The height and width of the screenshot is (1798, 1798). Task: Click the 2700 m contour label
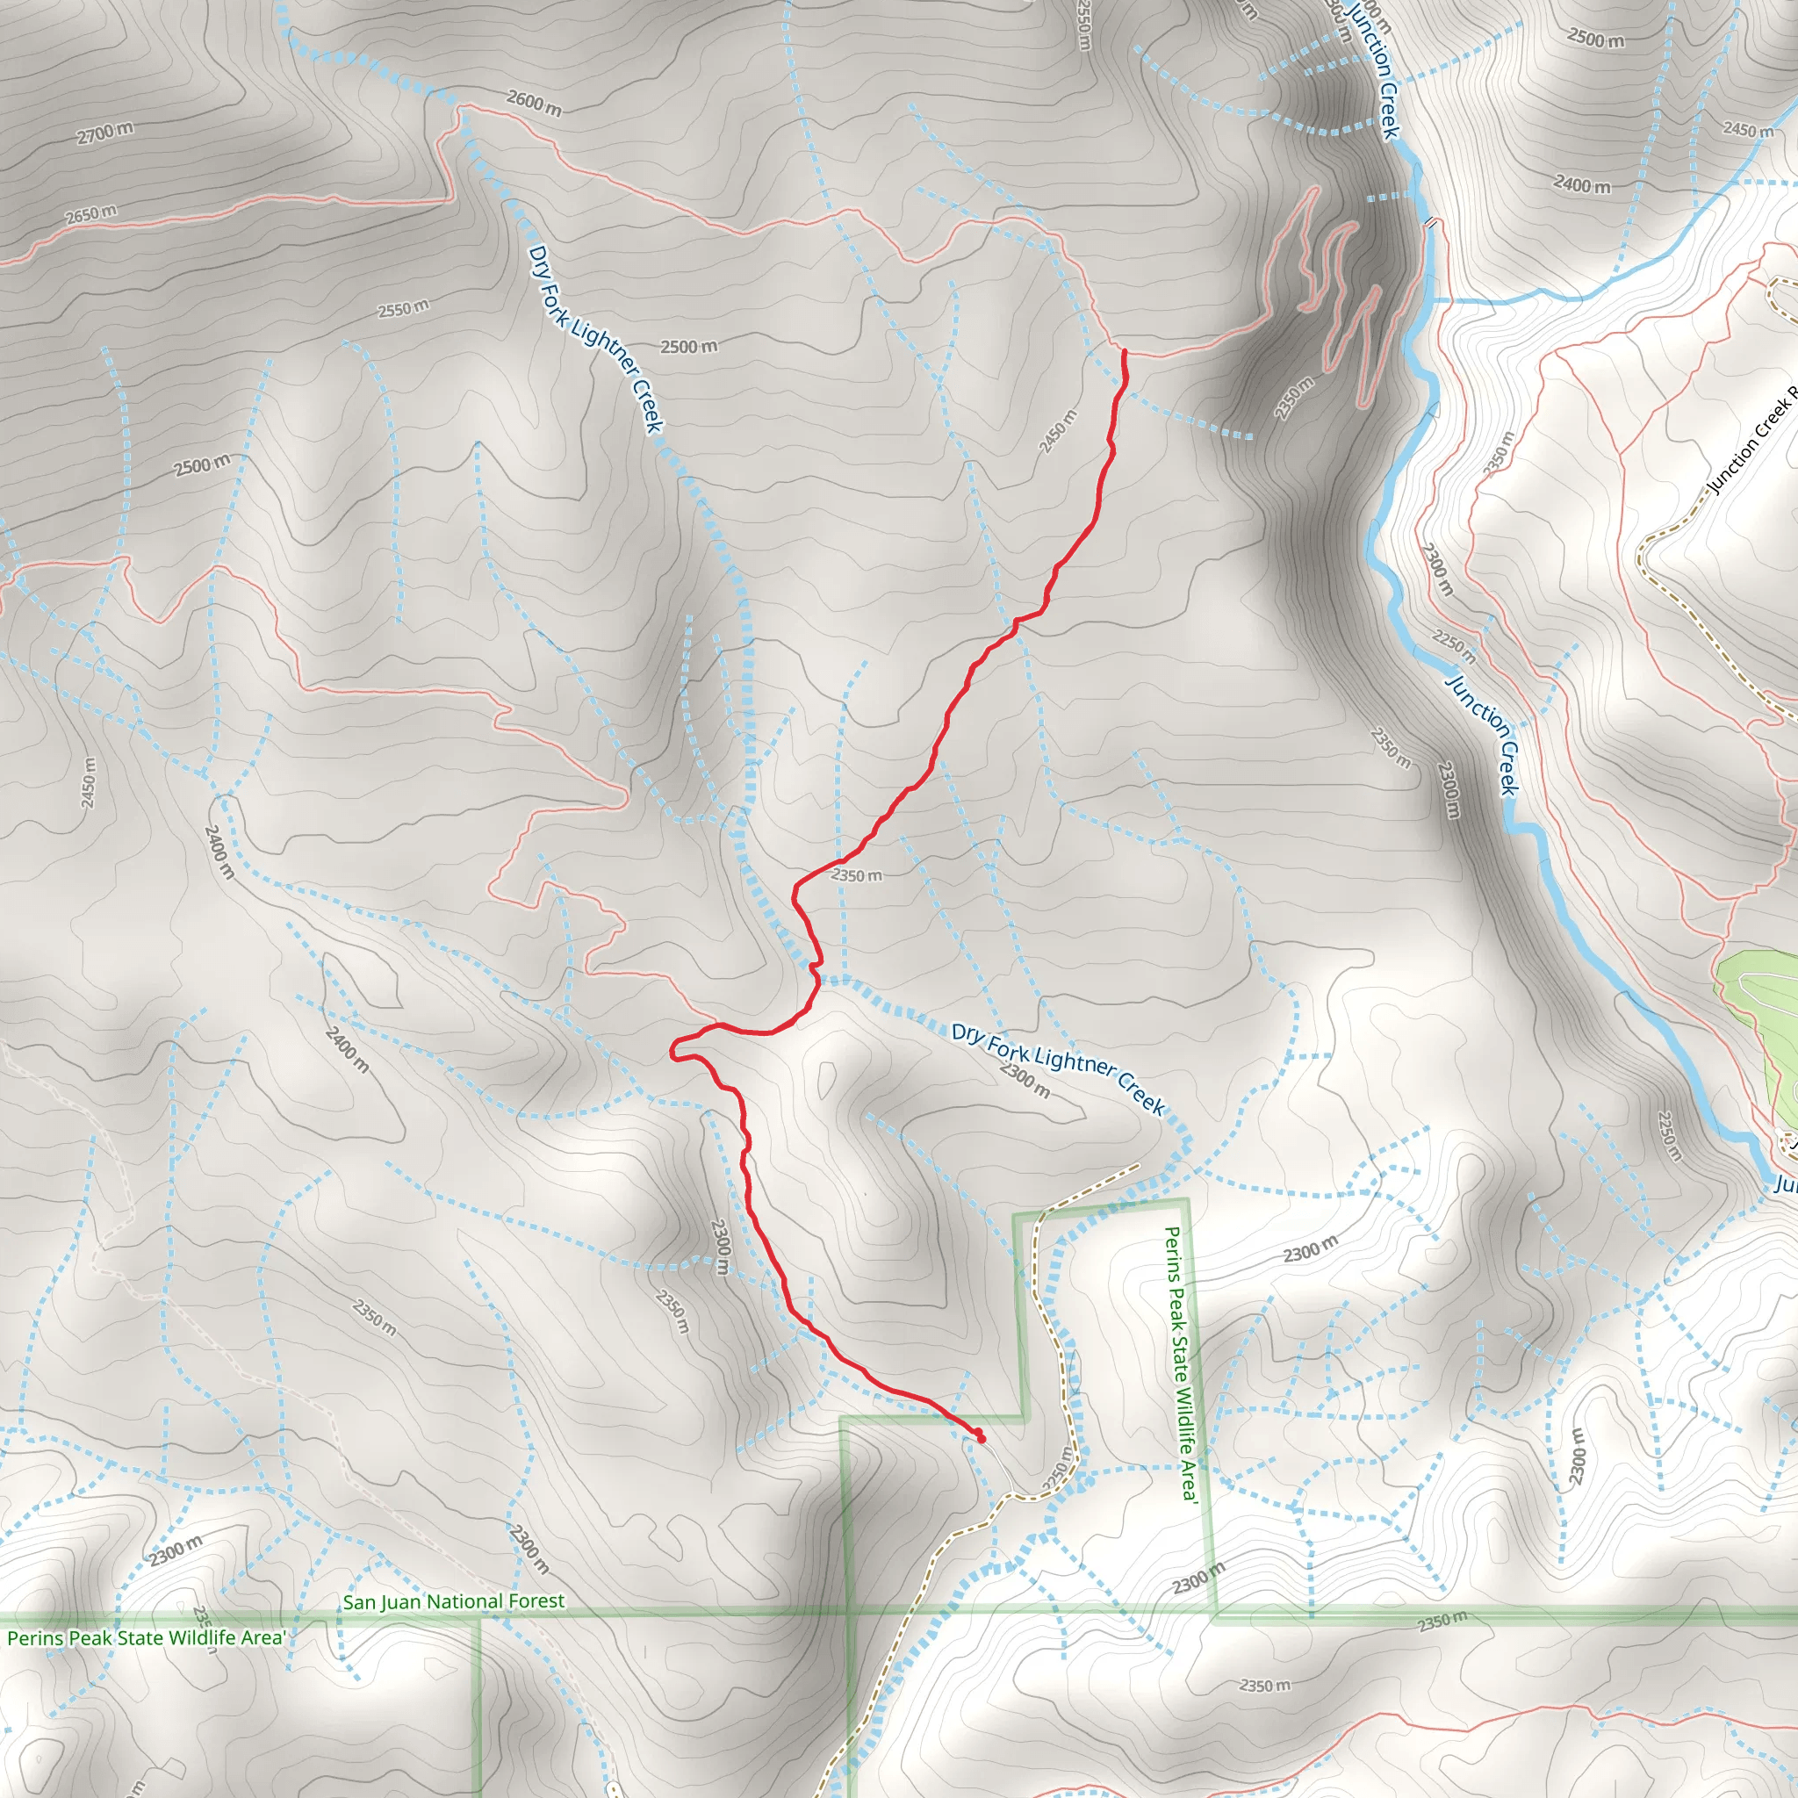[x=104, y=133]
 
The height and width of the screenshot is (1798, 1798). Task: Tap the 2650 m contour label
[x=91, y=215]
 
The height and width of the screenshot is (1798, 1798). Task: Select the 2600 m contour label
[x=534, y=103]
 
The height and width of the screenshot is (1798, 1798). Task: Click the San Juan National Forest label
[x=453, y=1601]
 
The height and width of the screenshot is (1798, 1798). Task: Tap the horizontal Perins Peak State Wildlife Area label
[x=146, y=1638]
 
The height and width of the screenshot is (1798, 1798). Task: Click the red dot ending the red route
[x=981, y=1438]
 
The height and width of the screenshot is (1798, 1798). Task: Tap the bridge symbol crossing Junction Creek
[x=1430, y=223]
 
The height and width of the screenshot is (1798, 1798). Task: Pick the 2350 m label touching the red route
[x=856, y=874]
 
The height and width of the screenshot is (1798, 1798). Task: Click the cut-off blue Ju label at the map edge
[x=1784, y=1184]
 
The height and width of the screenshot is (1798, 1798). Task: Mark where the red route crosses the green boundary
[x=946, y=1417]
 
